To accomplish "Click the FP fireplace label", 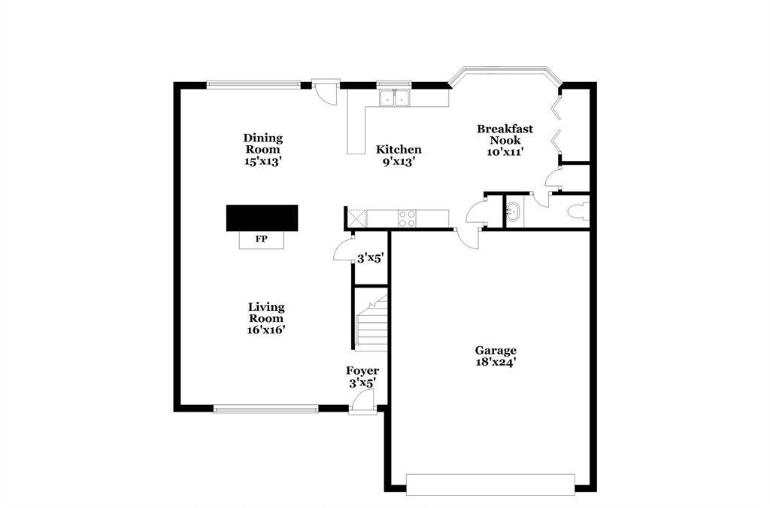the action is point(261,239).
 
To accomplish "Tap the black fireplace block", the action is point(262,217).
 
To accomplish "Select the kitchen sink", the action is point(395,98).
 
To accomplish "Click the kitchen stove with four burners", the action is point(407,218).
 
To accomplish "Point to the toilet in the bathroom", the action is point(578,212).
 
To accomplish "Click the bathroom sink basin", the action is point(514,211).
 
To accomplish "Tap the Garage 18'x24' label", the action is point(496,356).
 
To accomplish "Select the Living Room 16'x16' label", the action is point(266,318).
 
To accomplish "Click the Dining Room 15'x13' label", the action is point(263,150).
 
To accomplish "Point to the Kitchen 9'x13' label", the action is point(399,155).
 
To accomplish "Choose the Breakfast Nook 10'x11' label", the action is point(505,140).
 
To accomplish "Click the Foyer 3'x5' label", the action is point(362,377).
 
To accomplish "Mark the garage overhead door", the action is point(490,485).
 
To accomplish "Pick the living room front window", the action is point(265,408).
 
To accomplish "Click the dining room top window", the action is point(253,84).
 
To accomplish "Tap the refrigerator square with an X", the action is point(356,218).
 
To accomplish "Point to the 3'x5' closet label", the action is point(370,258).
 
